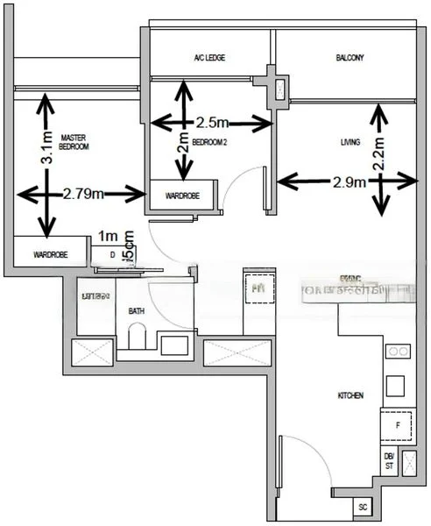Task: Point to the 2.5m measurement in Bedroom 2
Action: pos(212,123)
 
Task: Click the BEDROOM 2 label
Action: pos(209,141)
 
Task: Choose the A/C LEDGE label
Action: pos(209,58)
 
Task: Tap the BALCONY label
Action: pos(350,58)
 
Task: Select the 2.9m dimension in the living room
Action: pos(350,181)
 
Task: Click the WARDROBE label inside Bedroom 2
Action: pos(180,195)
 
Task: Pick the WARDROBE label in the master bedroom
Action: pos(51,254)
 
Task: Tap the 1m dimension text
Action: pos(108,237)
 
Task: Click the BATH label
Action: pos(137,310)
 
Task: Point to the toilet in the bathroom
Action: pos(137,337)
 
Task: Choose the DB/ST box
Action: pos(388,460)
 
